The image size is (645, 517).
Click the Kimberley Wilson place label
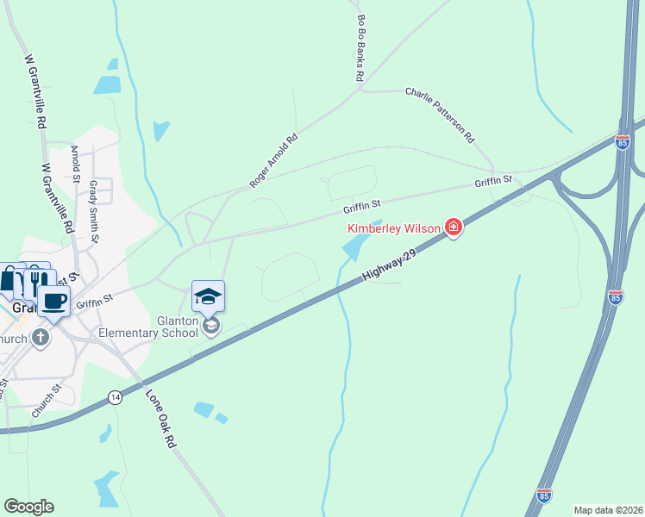(x=394, y=228)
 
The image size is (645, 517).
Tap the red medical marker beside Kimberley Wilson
(x=454, y=228)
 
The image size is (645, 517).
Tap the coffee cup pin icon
(x=53, y=301)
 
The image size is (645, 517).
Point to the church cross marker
(x=41, y=338)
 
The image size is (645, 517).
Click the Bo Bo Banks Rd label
(x=360, y=48)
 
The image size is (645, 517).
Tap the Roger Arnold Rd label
(x=272, y=159)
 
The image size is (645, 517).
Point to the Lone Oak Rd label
(x=160, y=419)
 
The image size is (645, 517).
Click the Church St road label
(x=47, y=401)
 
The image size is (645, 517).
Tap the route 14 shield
(x=115, y=396)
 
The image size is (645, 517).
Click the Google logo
(x=28, y=506)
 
